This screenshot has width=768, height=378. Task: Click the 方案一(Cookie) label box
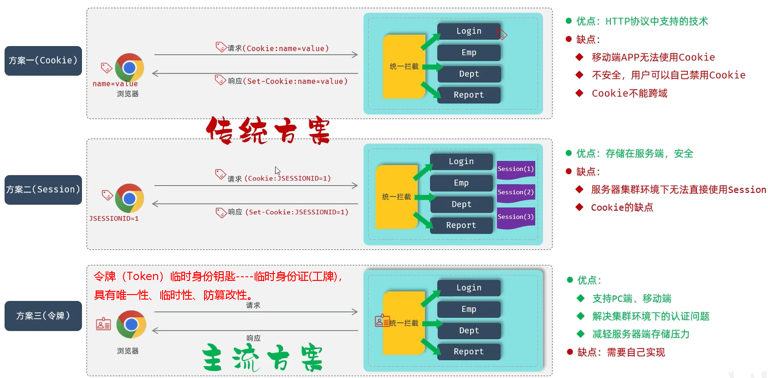click(x=43, y=61)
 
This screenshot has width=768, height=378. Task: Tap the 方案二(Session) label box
click(x=43, y=190)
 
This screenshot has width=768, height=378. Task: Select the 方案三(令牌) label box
click(x=43, y=316)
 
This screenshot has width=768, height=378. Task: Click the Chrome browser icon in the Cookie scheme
click(x=129, y=67)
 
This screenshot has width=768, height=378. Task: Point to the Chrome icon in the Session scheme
click(x=129, y=198)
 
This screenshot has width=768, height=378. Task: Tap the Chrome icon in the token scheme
click(x=131, y=324)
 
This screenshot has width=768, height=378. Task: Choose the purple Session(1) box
click(x=516, y=169)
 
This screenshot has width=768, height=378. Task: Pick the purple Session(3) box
click(x=516, y=217)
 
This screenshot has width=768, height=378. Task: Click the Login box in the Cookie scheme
click(x=469, y=31)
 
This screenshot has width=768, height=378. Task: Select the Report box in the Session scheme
click(x=461, y=225)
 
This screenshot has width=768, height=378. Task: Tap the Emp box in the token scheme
click(x=469, y=309)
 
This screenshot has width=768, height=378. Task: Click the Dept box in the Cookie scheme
click(x=469, y=74)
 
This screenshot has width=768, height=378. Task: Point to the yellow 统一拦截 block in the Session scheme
click(x=396, y=197)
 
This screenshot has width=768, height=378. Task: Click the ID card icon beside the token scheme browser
click(x=103, y=324)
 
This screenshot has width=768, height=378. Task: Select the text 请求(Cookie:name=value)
click(x=278, y=48)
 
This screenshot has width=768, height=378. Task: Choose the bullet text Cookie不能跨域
click(x=629, y=93)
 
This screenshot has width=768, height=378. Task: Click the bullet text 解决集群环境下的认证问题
click(x=650, y=316)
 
